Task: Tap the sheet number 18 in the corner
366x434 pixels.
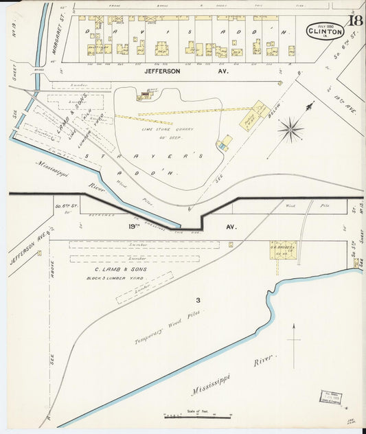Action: click(x=354, y=20)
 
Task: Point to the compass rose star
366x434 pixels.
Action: click(x=291, y=129)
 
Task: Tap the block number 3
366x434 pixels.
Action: click(x=197, y=300)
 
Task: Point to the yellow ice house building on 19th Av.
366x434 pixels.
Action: click(x=282, y=250)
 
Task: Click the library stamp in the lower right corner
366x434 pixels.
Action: click(x=332, y=397)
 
